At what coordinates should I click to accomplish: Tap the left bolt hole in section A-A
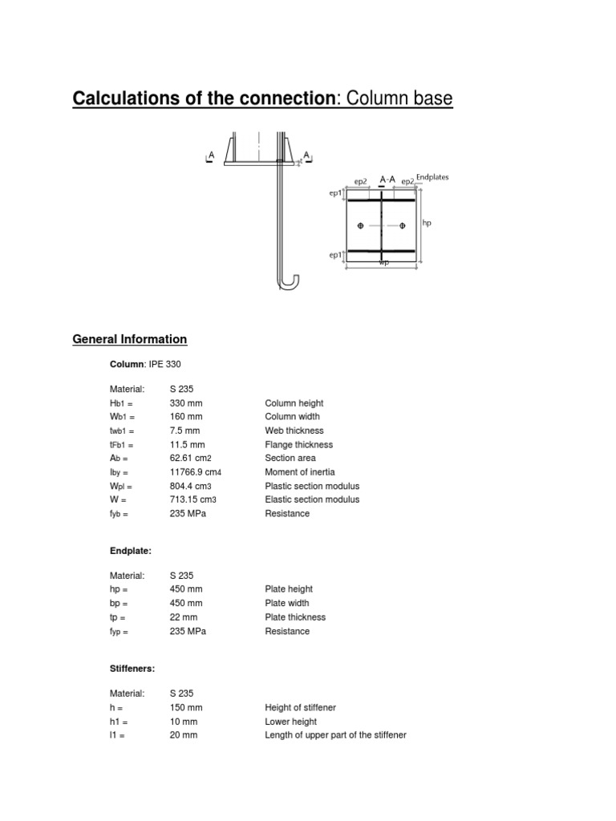[360, 226]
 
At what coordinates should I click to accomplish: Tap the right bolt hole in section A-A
[403, 226]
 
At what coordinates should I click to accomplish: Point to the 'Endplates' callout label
[434, 177]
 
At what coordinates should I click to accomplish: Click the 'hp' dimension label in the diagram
[427, 224]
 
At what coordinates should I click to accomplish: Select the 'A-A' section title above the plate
[387, 180]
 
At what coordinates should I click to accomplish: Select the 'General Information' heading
[130, 339]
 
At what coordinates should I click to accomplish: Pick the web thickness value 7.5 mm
[184, 431]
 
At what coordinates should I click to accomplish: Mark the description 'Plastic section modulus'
[312, 486]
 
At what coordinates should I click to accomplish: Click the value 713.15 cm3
[192, 499]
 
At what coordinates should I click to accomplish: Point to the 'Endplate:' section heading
[131, 552]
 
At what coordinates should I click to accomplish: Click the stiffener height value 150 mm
[186, 707]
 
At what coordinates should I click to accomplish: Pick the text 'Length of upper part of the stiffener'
[335, 734]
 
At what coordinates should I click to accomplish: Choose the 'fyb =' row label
[119, 513]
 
